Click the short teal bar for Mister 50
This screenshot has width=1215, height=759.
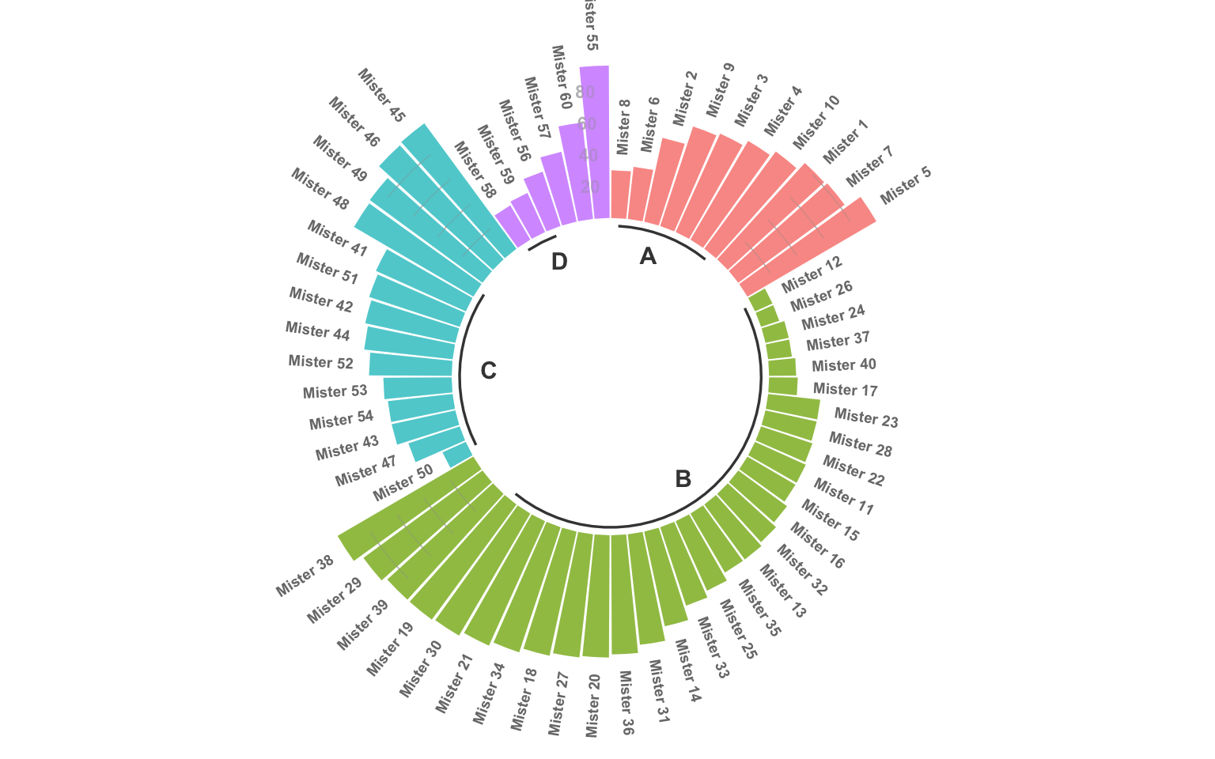pos(458,455)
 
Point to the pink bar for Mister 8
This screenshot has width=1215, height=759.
pos(621,194)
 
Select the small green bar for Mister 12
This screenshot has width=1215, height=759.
pos(760,300)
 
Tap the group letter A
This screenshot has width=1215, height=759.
pos(648,256)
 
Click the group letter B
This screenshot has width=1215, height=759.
pos(683,479)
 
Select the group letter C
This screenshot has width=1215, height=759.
pos(488,371)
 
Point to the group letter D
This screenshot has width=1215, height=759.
pos(559,262)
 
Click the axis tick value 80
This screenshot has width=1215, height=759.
pos(585,93)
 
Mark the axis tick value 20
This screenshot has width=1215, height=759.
pos(590,187)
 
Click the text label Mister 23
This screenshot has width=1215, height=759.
pos(866,417)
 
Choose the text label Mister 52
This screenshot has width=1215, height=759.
pos(320,361)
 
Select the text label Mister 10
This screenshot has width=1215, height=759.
pos(816,122)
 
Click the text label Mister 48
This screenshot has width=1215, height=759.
pos(320,188)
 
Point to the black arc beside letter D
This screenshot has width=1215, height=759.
pos(542,243)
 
